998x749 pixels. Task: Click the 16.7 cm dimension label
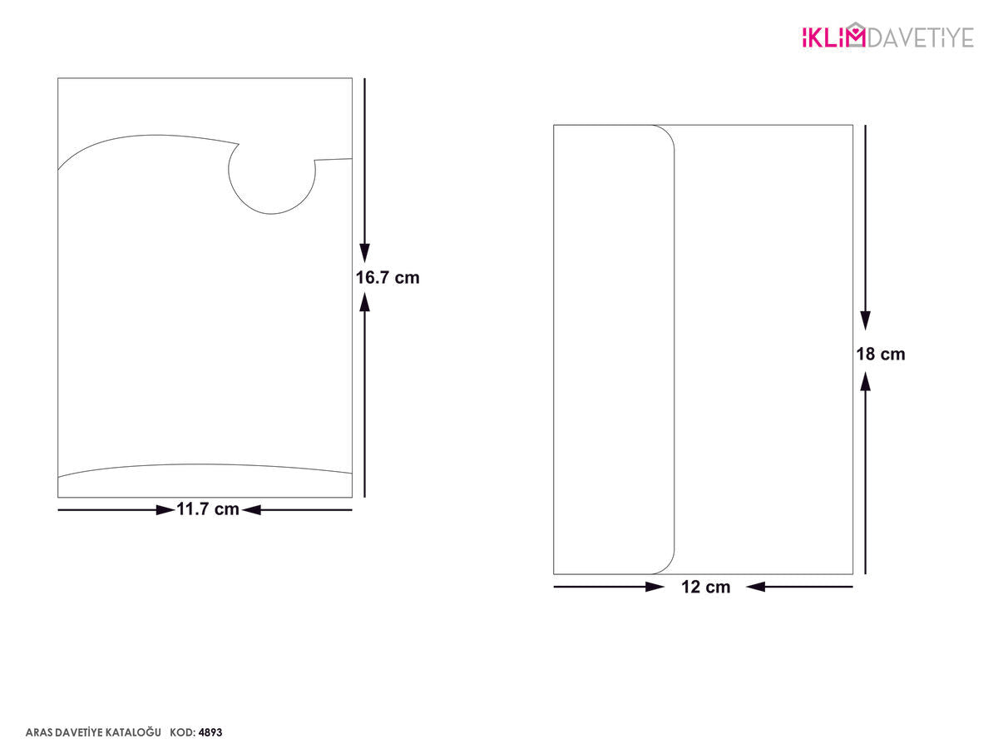tap(388, 278)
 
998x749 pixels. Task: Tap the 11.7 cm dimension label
tap(208, 508)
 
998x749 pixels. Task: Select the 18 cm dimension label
tap(881, 355)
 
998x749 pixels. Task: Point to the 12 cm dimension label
tap(705, 587)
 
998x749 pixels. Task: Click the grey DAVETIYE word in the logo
tap(921, 37)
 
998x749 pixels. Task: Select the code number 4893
tap(210, 732)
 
